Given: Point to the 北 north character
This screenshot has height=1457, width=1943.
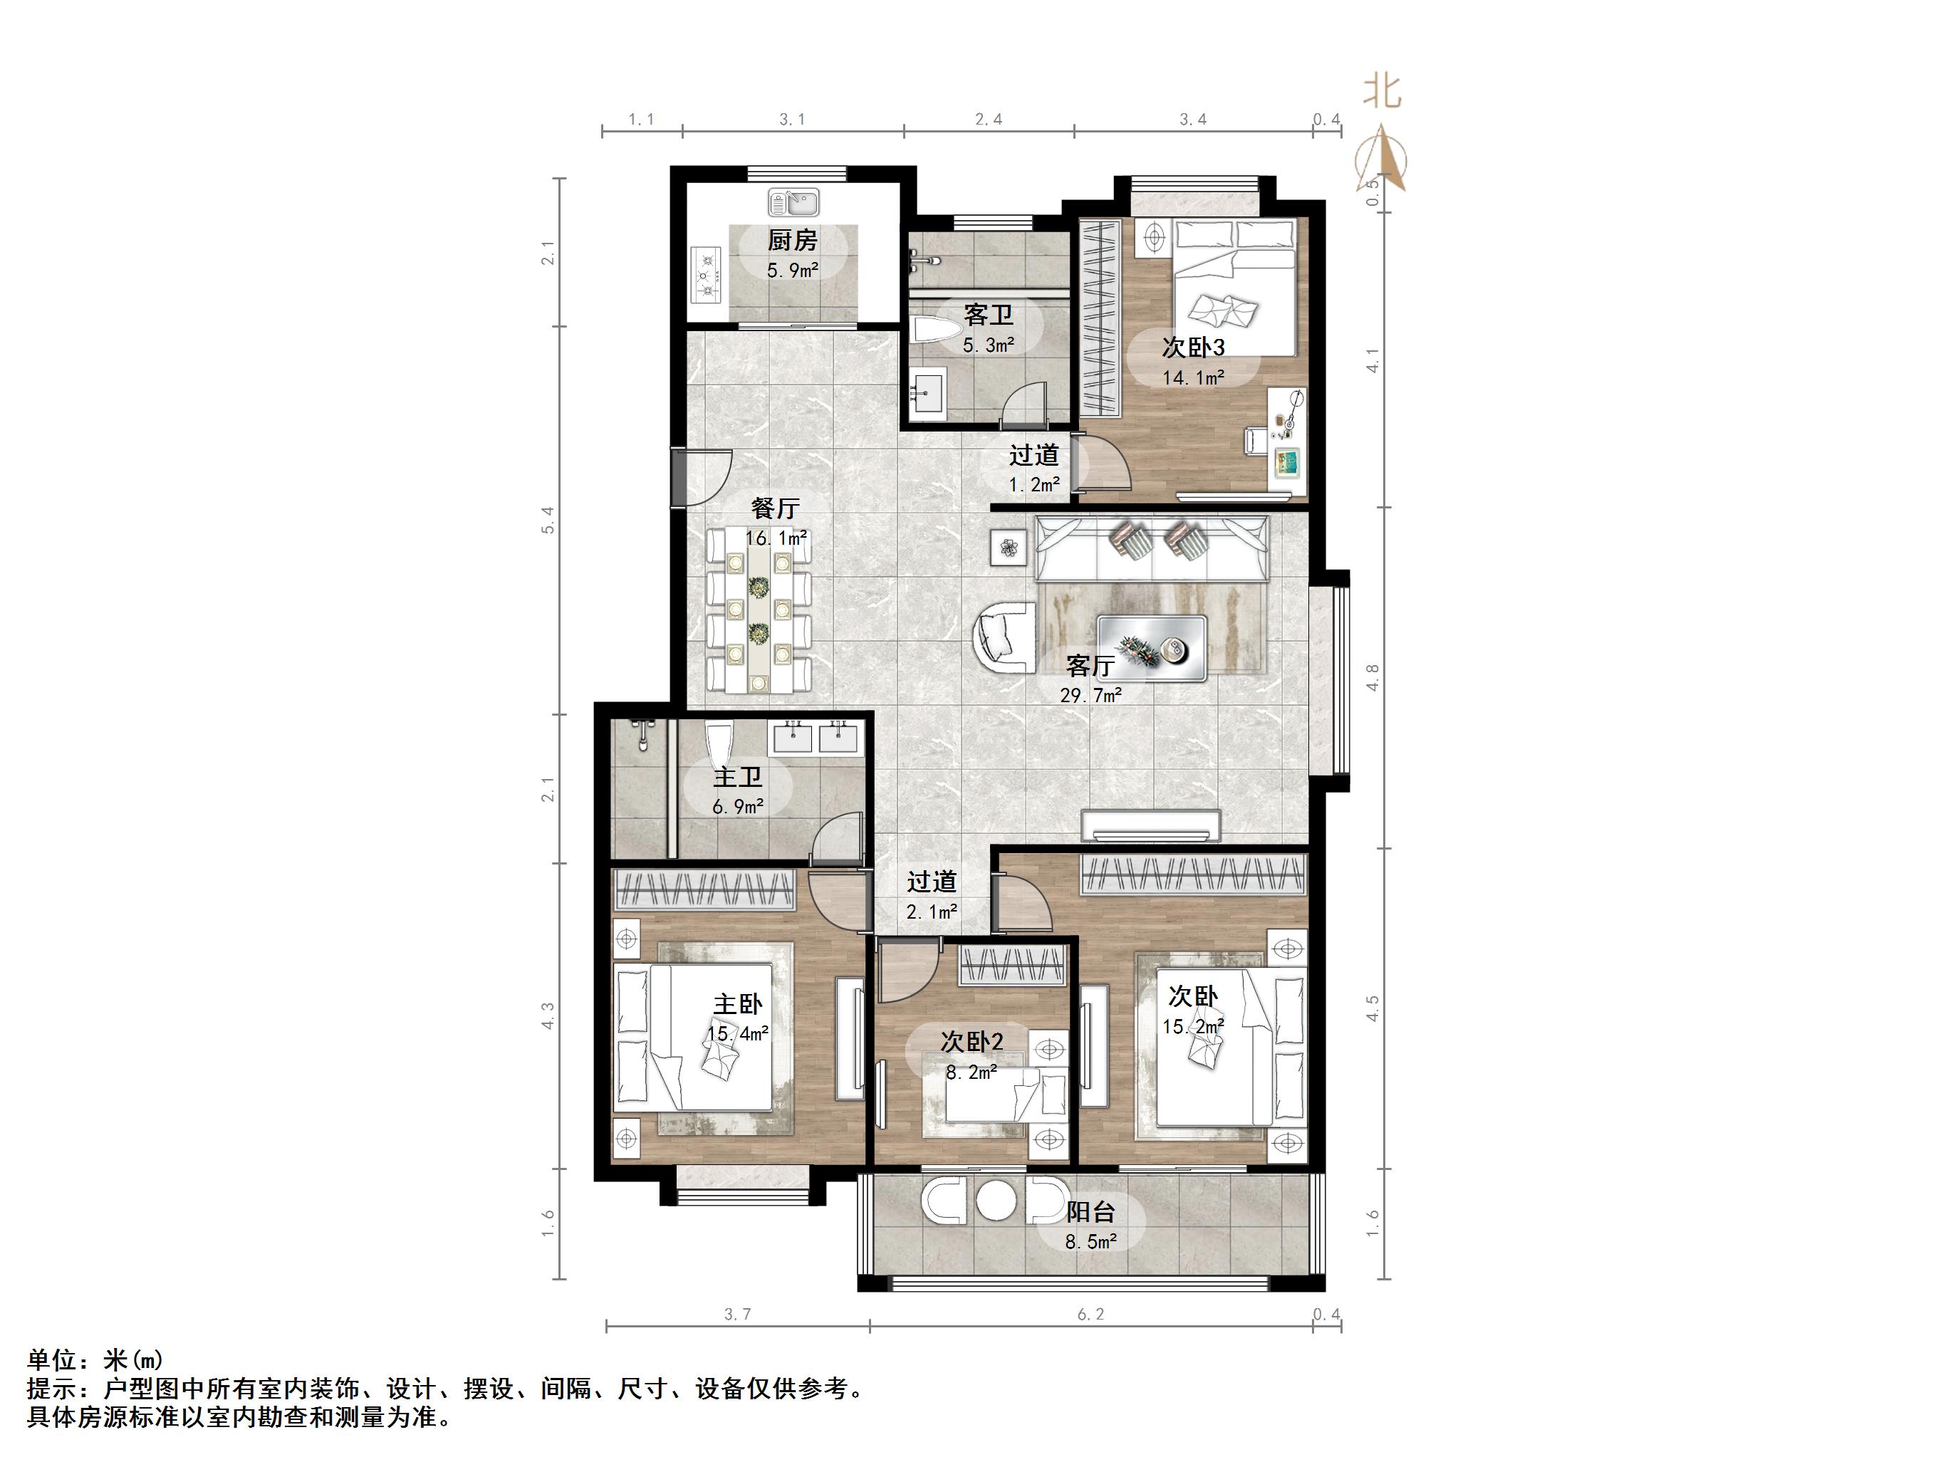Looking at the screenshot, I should pos(1382,91).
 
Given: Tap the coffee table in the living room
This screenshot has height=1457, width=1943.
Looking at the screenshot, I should pos(1151,648).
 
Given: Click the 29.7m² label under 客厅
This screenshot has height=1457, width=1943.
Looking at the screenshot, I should pos(1090,696).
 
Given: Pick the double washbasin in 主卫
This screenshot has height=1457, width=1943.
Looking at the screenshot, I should pos(813,737).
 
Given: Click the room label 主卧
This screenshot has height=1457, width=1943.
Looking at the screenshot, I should pos(737,1004).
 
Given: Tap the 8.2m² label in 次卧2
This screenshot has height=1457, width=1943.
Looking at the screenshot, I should pos(971,1072).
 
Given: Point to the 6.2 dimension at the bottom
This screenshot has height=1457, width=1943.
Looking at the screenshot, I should pos(1090,1315).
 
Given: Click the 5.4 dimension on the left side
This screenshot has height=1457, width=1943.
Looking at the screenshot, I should pos(548,520).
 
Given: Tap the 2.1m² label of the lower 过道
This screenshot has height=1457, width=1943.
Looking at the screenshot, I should pos(931,912).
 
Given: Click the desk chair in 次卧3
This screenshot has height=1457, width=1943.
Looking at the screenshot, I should pos(1254,440).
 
